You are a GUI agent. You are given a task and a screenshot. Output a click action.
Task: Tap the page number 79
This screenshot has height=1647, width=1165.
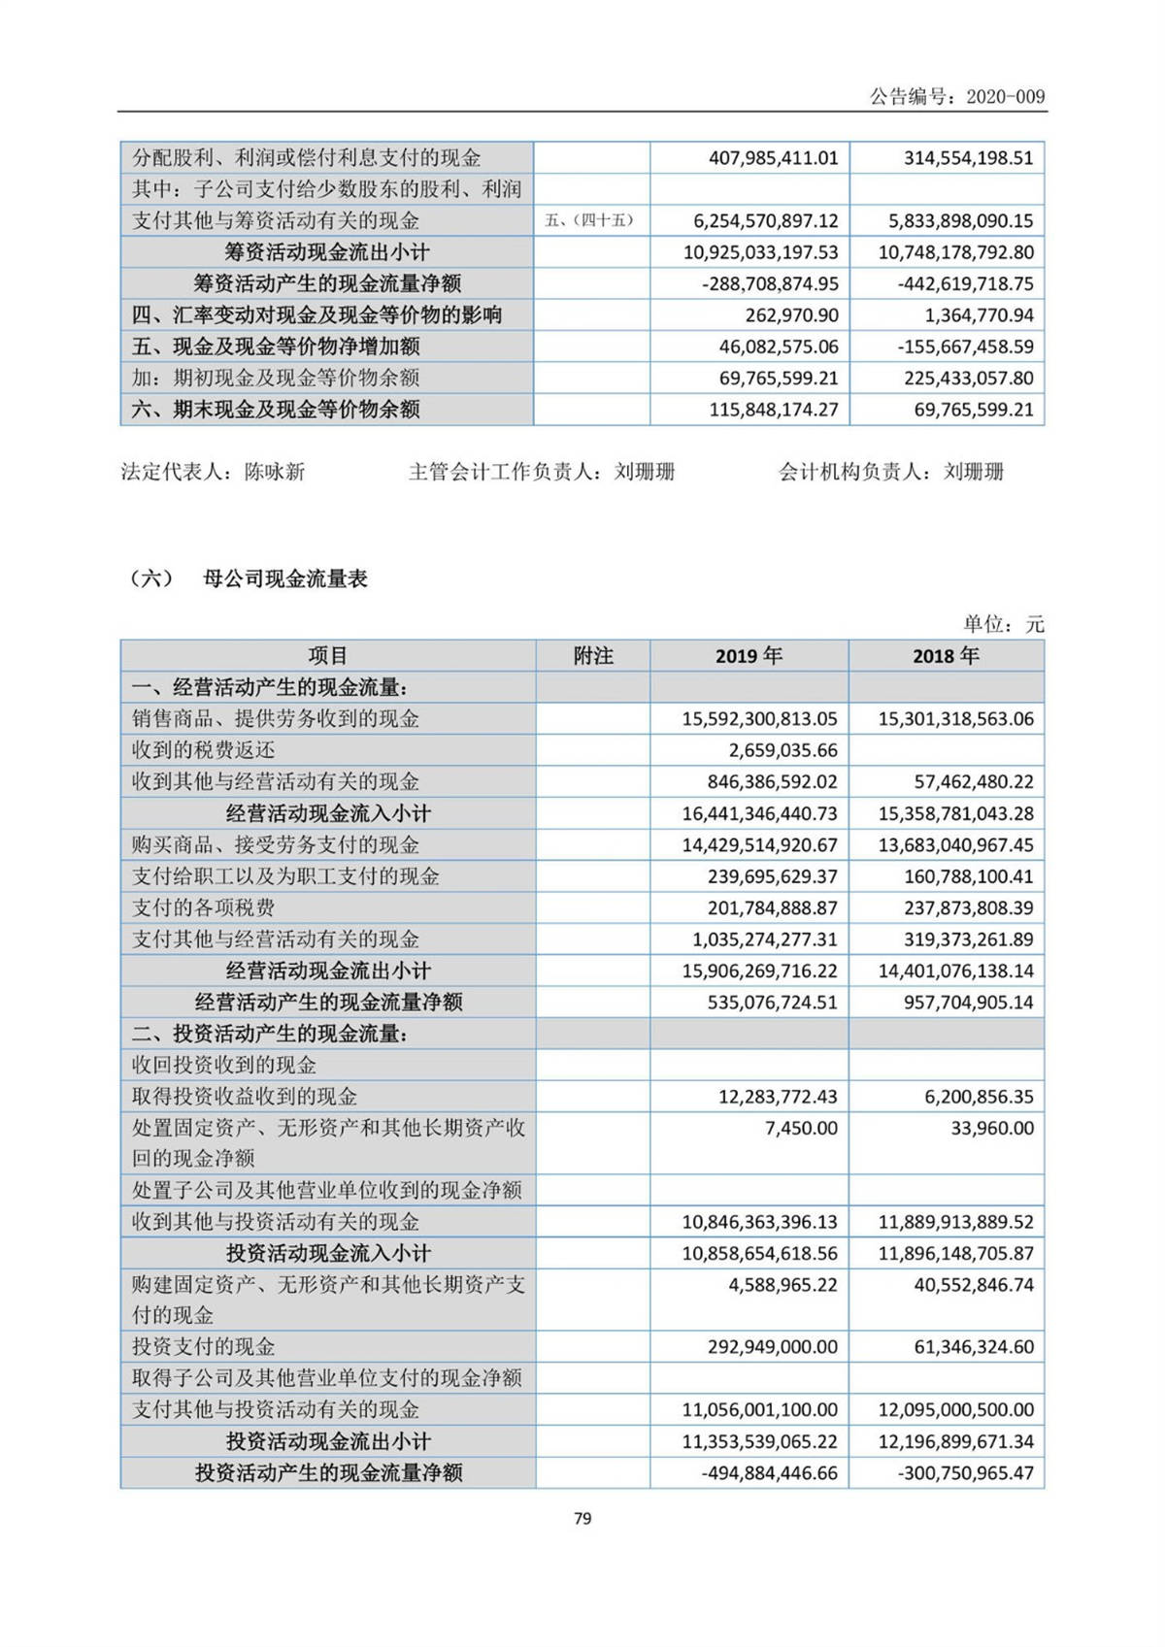[x=582, y=1518]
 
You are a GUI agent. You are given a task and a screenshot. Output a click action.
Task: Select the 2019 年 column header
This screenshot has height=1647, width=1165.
[x=749, y=656]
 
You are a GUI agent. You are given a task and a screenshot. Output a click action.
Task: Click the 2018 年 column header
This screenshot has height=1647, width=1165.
[x=946, y=656]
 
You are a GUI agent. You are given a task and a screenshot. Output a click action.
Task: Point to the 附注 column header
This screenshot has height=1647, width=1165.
[x=593, y=656]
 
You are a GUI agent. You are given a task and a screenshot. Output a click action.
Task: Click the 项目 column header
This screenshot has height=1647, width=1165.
[x=328, y=656]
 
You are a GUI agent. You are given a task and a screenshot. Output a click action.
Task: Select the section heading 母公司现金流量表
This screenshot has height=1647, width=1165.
[x=285, y=579]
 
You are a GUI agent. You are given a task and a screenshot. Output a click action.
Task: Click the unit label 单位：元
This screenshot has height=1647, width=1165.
[x=1004, y=624]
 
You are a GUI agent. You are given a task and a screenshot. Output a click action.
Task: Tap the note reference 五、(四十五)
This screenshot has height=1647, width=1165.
[x=590, y=220]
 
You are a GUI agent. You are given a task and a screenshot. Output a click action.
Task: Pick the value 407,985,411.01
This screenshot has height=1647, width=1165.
[x=773, y=158]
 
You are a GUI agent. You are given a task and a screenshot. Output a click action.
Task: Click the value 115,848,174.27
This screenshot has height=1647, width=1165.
[x=773, y=410]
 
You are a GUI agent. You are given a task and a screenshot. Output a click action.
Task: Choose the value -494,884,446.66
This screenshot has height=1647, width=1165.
[x=769, y=1472]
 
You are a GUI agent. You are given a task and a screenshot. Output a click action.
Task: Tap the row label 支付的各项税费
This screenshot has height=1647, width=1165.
[x=204, y=907]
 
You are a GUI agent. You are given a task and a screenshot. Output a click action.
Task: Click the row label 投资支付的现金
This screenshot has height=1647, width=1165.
[x=204, y=1346]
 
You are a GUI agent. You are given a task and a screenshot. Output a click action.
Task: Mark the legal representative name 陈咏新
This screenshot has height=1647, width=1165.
[x=275, y=472]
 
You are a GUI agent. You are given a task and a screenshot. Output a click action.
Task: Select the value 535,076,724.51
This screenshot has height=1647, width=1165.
[x=773, y=1002]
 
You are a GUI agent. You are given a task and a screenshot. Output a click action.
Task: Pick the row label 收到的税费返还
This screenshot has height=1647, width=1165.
[x=204, y=750]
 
